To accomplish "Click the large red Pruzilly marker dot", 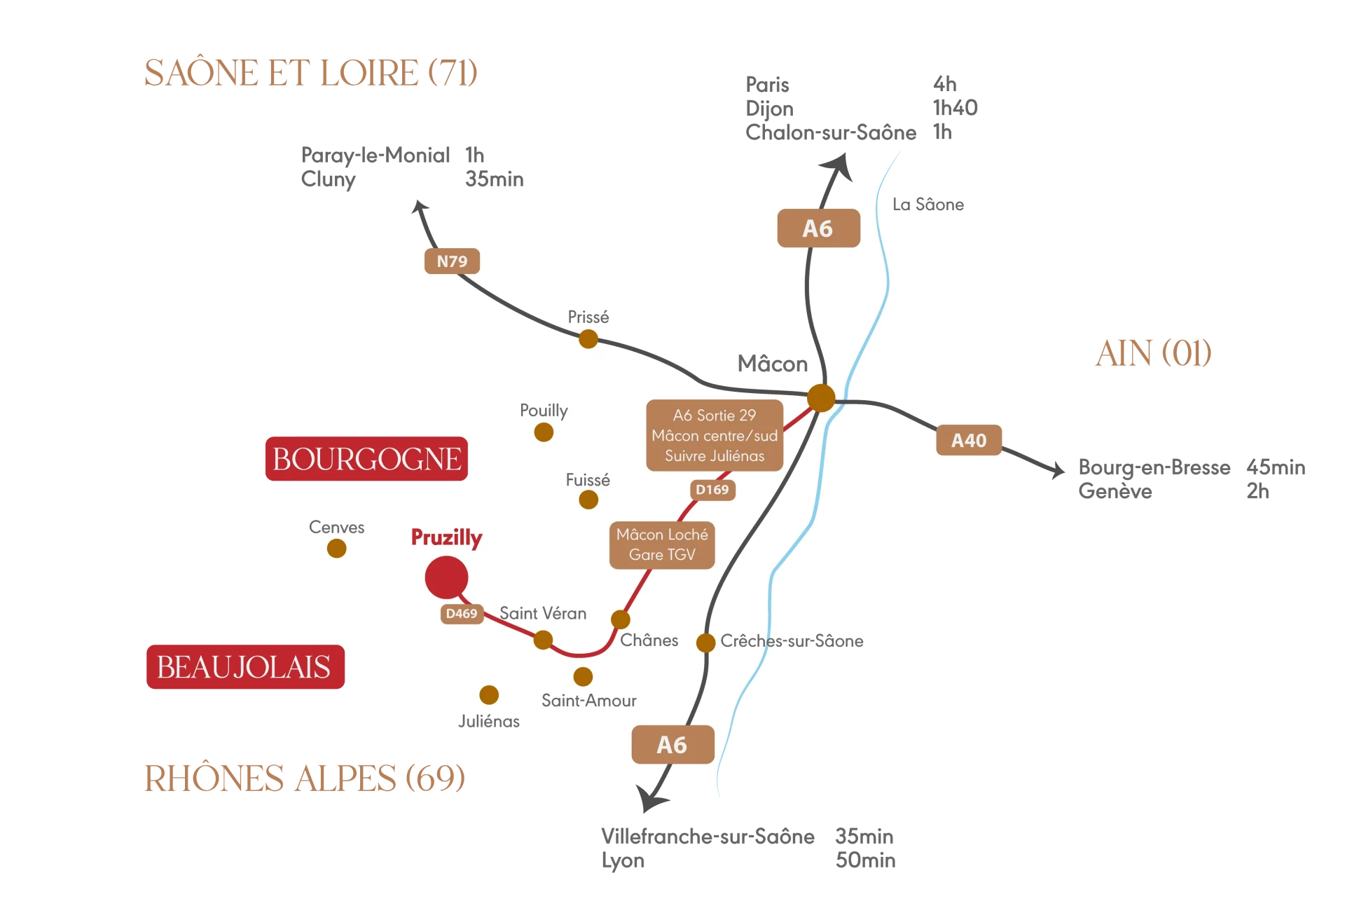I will [x=446, y=577].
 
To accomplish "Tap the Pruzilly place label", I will [x=446, y=537].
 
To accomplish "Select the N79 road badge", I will [x=452, y=261].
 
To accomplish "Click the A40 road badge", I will [x=969, y=441].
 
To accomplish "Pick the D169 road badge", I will [x=712, y=490].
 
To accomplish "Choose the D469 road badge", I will [x=462, y=614].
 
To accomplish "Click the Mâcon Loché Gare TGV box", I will [x=662, y=544].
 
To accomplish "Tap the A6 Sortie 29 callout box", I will [x=715, y=435].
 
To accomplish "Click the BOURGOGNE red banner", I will [x=366, y=459].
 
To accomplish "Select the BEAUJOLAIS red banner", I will [x=244, y=666].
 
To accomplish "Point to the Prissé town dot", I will [x=588, y=339].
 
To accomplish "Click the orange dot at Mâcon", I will [x=821, y=397].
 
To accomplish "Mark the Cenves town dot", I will [x=337, y=548].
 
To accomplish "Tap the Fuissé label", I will [x=588, y=480].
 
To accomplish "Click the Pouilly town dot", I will [x=544, y=432].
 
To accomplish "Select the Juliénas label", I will [x=489, y=721].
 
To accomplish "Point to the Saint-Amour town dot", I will [x=583, y=676].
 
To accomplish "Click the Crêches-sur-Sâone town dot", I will [x=705, y=642].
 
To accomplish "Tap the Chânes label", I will [x=649, y=640].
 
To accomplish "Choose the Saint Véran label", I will [x=543, y=613].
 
